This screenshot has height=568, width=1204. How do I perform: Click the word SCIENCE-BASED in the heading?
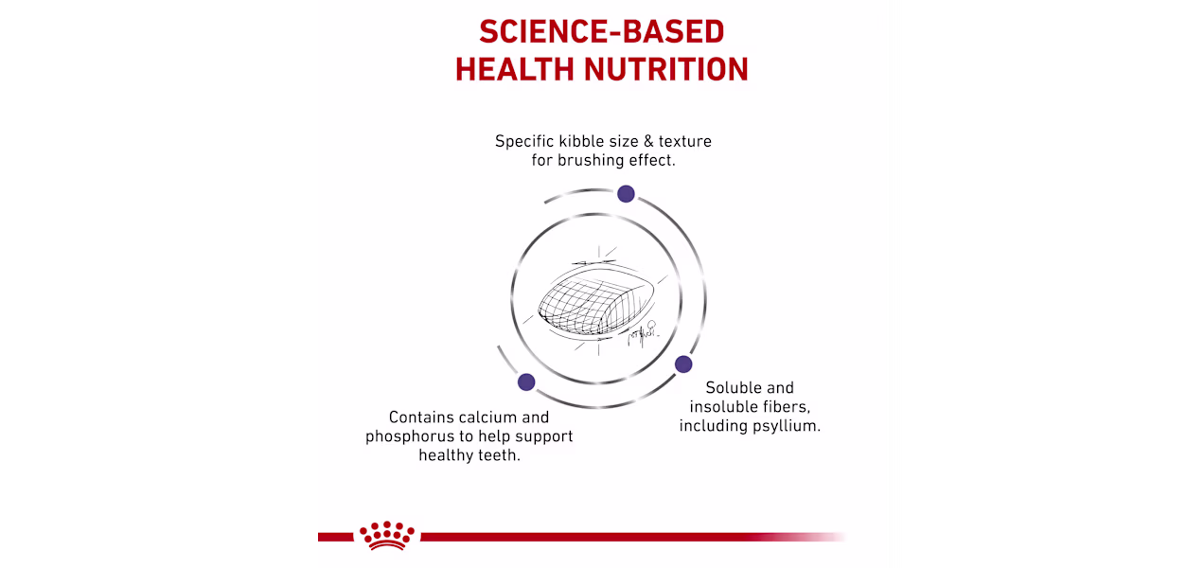[601, 31]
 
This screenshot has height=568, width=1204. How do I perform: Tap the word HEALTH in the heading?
[514, 69]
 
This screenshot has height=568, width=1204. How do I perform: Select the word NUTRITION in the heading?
[666, 69]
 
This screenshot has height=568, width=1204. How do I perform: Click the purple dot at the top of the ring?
[626, 193]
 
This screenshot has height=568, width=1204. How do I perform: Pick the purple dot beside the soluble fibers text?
[683, 364]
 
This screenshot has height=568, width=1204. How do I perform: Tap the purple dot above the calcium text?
[526, 382]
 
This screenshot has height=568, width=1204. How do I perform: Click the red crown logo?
[387, 535]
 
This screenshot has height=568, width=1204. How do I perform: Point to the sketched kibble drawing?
[596, 300]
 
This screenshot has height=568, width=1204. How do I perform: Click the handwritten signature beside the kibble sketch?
[643, 334]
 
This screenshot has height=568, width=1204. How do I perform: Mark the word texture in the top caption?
[684, 141]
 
